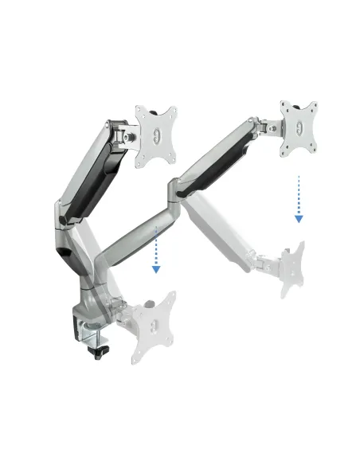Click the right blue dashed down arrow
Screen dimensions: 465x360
click(298, 199)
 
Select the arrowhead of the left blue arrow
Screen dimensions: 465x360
click(157, 269)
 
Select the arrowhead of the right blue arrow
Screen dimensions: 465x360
click(298, 218)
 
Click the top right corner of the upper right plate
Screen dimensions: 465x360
click(314, 104)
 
